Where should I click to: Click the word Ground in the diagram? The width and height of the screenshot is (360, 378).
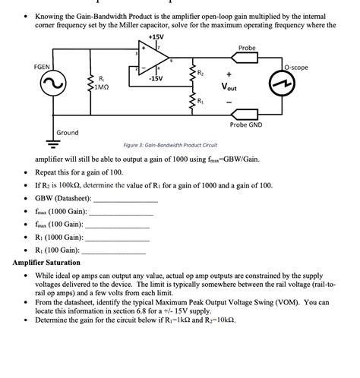67,132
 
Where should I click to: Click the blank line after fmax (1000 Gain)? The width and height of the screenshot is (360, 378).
122,213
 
